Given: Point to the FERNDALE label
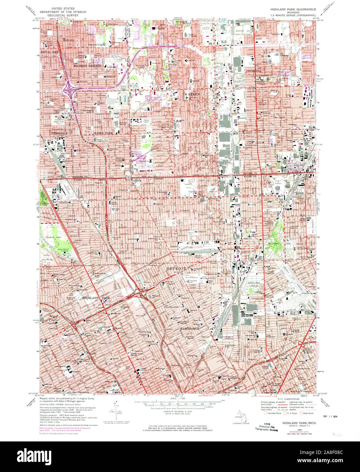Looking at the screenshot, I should coord(59,133).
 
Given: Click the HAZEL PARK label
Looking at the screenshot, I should coord(103,133).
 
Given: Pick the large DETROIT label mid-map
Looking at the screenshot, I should coord(176,268).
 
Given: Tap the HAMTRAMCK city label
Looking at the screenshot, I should coord(189,329).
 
